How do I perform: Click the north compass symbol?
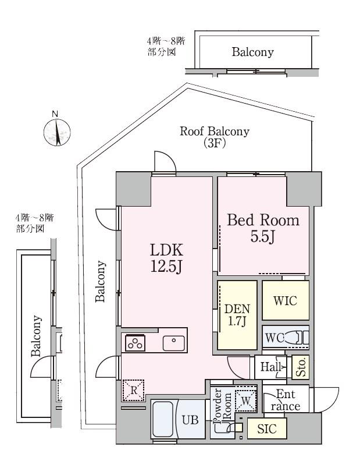(x=56, y=132)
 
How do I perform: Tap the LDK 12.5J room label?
(x=166, y=258)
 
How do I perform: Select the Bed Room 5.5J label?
(x=263, y=228)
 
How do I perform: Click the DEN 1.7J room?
(x=237, y=315)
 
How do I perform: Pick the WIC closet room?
(x=286, y=300)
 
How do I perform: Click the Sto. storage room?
(x=300, y=367)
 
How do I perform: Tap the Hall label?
(x=271, y=367)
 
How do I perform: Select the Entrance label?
(x=286, y=400)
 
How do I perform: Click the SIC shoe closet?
(x=267, y=428)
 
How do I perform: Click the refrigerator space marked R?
(x=133, y=390)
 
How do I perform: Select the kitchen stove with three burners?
(x=136, y=343)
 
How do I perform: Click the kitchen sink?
(x=173, y=343)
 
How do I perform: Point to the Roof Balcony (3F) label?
(x=215, y=137)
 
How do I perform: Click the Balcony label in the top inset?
(x=252, y=52)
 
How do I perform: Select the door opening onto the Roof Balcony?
(x=165, y=162)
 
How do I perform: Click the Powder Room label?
(x=223, y=406)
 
